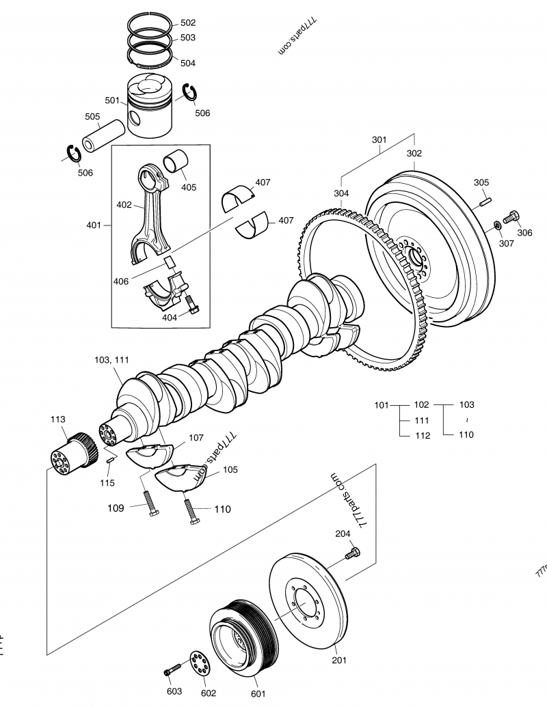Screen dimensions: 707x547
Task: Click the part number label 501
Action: point(112,100)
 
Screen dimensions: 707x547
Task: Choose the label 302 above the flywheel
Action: point(414,154)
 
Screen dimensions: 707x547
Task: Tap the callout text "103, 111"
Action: point(111,359)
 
